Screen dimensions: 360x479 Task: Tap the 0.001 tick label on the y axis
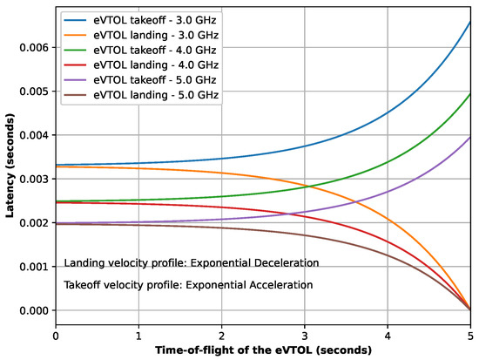click(33, 267)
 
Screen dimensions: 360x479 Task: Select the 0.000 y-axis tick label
click(33, 310)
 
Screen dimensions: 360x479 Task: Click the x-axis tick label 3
click(304, 334)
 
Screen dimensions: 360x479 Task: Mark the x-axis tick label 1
click(138, 334)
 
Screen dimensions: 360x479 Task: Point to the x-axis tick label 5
click(469, 334)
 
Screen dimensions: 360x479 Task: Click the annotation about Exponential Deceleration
click(192, 262)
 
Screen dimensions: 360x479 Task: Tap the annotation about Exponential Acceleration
click(192, 285)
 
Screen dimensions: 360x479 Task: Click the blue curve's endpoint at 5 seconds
click(469, 22)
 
